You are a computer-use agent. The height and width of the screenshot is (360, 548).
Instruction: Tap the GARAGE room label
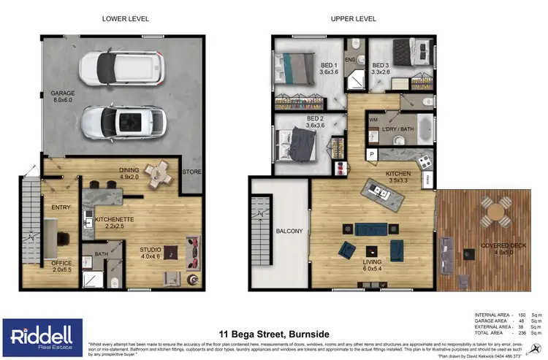point(63,93)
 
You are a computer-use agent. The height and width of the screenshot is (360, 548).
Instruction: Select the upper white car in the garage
point(113,67)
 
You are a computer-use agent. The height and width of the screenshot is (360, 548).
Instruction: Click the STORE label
point(192,172)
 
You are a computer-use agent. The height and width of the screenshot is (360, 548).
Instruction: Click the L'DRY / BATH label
point(397,130)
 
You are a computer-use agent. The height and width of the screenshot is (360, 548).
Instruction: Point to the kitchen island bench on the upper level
point(380,194)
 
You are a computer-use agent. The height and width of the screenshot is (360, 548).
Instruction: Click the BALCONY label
point(289,231)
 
